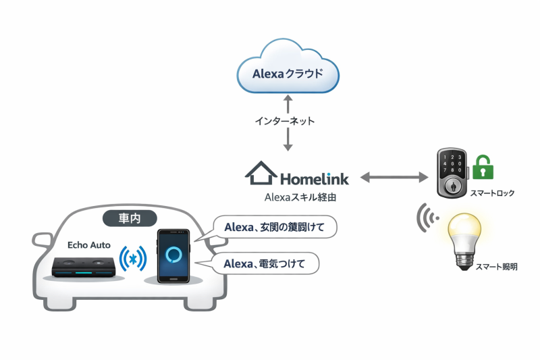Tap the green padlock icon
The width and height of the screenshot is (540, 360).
coord(482,167)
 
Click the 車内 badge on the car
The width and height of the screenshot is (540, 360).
coord(130,218)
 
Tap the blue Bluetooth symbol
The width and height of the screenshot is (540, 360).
coord(133,259)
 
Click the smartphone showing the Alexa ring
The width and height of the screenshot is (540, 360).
coord(174,256)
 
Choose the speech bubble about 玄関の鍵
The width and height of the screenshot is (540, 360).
coord(274,228)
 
